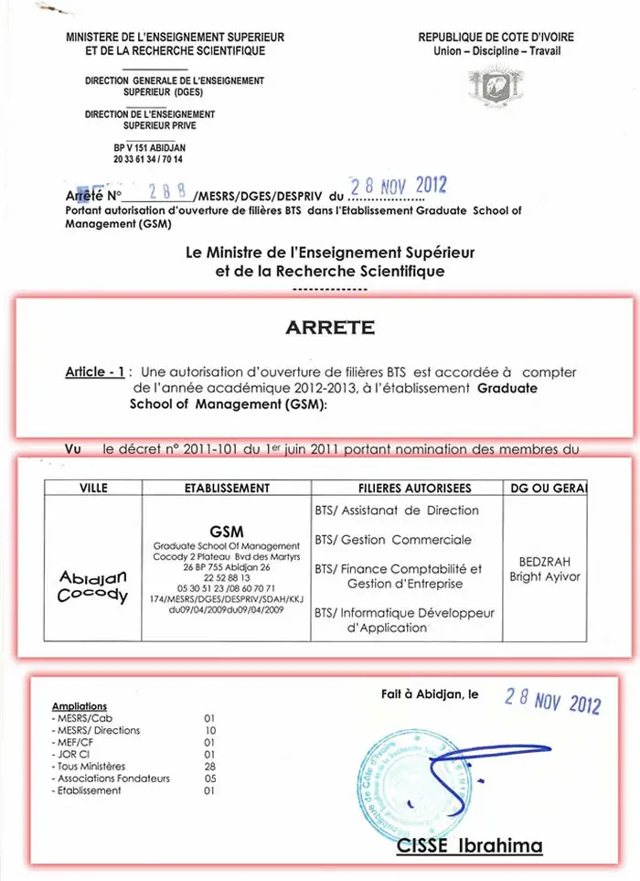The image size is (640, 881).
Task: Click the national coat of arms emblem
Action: [496, 89]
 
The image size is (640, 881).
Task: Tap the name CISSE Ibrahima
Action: [469, 847]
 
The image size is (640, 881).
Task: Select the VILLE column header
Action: [93, 489]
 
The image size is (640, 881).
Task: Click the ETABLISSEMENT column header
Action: [227, 489]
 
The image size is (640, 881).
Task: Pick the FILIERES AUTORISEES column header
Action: [403, 489]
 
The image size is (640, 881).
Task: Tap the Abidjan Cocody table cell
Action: [93, 586]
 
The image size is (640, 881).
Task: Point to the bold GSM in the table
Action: [226, 531]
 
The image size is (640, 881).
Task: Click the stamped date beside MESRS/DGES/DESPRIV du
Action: [399, 186]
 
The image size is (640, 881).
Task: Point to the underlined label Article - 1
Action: [94, 372]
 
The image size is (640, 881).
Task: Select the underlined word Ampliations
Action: [80, 706]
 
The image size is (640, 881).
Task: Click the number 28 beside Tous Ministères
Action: [210, 767]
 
